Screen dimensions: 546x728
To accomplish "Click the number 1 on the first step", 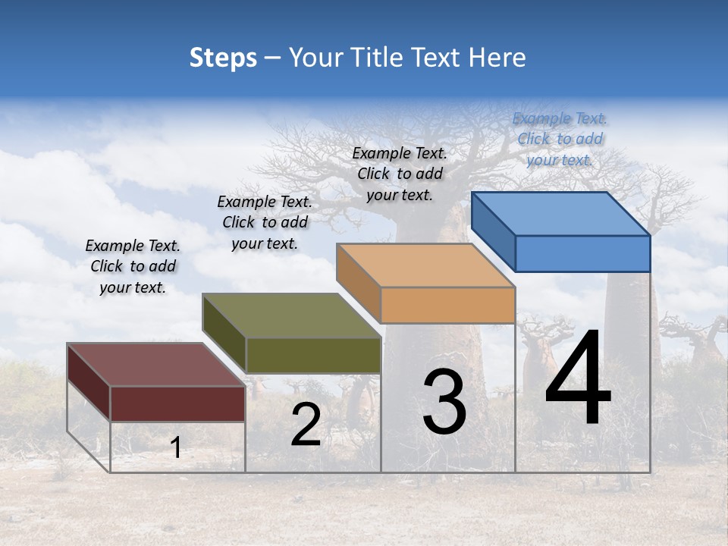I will (x=176, y=447).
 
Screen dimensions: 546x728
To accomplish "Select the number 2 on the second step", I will (x=306, y=425).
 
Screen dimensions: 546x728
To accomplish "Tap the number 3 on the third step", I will (x=444, y=402).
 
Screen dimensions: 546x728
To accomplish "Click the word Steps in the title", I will (x=223, y=58).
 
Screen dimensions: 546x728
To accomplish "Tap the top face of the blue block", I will (x=561, y=213).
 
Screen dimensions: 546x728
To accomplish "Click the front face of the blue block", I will (x=582, y=253).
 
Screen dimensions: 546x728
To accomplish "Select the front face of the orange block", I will (x=447, y=306).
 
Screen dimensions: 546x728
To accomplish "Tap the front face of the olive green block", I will (x=313, y=355).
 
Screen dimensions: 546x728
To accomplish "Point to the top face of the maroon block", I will (x=155, y=365).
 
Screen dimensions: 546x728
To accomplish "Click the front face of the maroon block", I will (x=178, y=403).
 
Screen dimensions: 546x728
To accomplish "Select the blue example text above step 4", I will (x=560, y=140).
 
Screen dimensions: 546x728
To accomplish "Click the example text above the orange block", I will (x=400, y=174).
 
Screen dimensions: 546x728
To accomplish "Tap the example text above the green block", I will (x=265, y=222).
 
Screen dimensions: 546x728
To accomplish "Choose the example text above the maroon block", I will (x=133, y=266).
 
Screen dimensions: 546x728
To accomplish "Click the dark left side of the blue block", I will (x=494, y=231).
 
